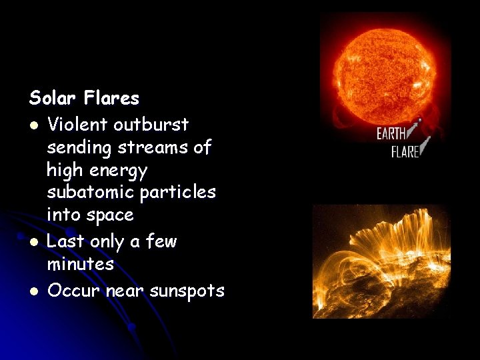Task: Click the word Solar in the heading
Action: pos(54,99)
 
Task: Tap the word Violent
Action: pos(78,125)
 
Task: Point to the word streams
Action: pos(149,147)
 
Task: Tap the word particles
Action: pos(179,192)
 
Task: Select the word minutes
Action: pos(81,264)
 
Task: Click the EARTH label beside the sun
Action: pos(392,133)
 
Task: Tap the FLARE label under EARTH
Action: pos(405,151)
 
